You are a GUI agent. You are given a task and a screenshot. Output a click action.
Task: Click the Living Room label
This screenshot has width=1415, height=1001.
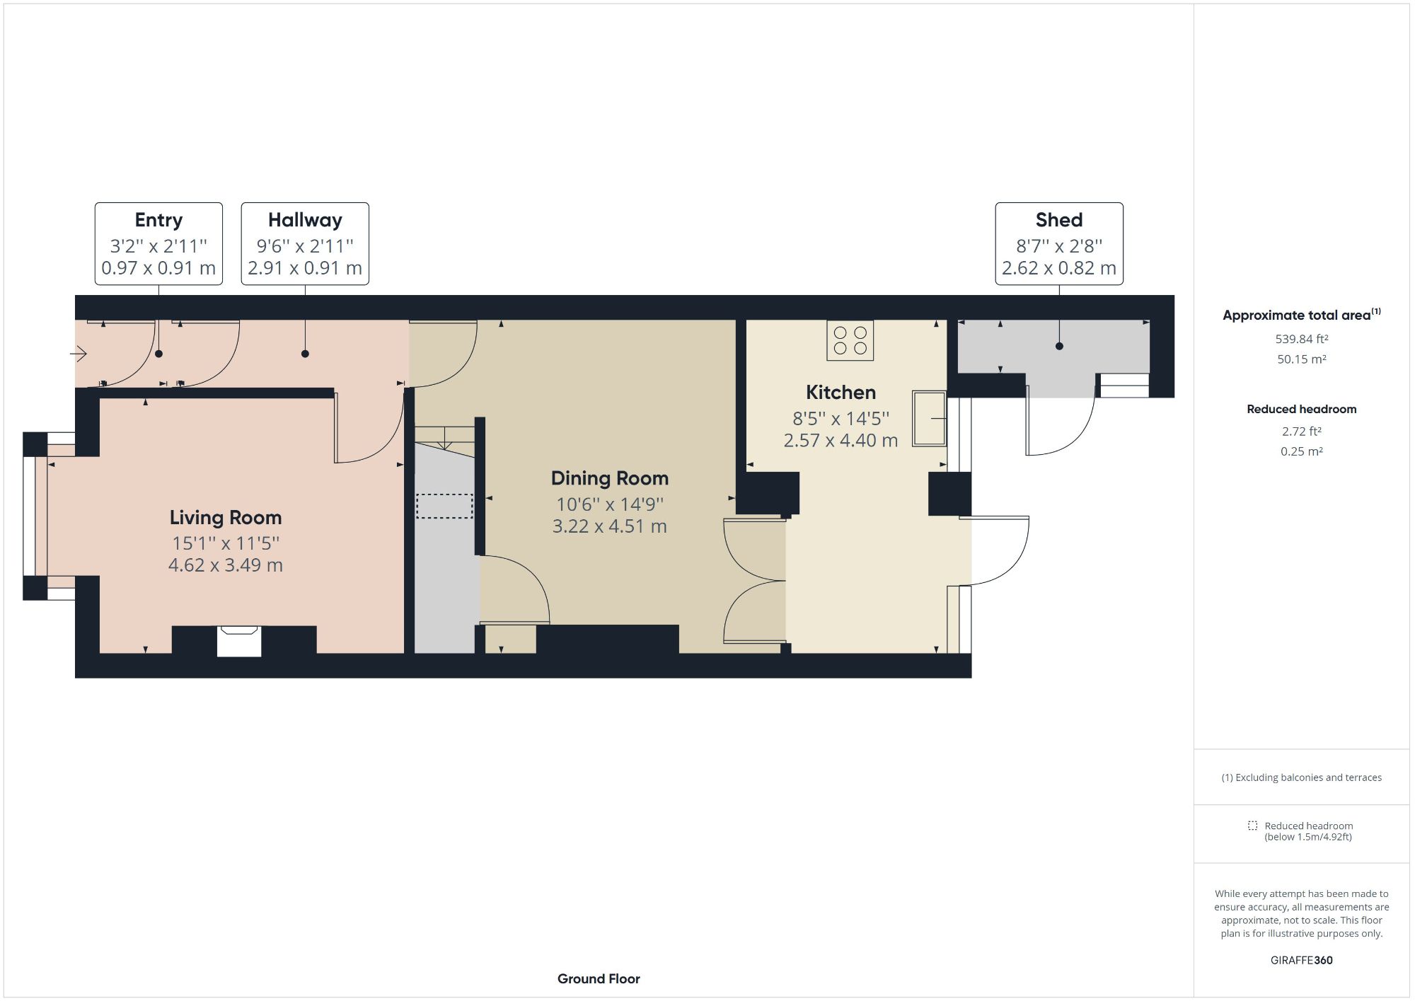pyautogui.click(x=226, y=518)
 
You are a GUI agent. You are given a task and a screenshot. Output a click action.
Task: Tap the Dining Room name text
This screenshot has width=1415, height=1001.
pyautogui.click(x=610, y=479)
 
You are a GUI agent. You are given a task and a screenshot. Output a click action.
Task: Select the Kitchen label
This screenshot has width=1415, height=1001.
pyautogui.click(x=841, y=393)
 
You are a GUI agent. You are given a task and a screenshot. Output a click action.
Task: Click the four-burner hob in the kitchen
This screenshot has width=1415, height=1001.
pyautogui.click(x=850, y=340)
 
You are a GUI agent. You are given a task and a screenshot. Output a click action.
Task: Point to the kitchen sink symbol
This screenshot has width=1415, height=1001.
pyautogui.click(x=929, y=419)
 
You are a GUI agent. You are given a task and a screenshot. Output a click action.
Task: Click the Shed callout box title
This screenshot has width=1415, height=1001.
pyautogui.click(x=1058, y=220)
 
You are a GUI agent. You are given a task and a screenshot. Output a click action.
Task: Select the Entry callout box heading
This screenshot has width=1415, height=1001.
pyautogui.click(x=158, y=220)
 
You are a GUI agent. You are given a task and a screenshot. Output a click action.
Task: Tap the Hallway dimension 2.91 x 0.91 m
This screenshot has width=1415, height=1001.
pyautogui.click(x=305, y=268)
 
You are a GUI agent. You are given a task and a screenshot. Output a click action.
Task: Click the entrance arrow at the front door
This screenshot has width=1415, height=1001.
pyautogui.click(x=79, y=353)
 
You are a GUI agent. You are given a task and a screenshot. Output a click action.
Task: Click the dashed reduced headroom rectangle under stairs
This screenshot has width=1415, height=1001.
pyautogui.click(x=444, y=507)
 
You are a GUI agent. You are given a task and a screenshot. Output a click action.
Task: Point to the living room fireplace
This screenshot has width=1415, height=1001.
pyautogui.click(x=239, y=641)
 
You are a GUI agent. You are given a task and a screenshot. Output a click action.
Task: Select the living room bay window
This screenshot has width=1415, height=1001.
pyautogui.click(x=35, y=516)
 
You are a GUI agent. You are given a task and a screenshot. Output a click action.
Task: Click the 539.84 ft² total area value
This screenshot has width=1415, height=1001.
pyautogui.click(x=1301, y=339)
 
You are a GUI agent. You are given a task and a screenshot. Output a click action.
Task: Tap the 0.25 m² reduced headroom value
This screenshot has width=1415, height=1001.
pyautogui.click(x=1301, y=451)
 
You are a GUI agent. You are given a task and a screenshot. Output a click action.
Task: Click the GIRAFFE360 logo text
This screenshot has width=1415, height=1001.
pyautogui.click(x=1301, y=960)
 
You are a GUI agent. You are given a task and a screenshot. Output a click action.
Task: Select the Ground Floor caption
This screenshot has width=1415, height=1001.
pyautogui.click(x=599, y=979)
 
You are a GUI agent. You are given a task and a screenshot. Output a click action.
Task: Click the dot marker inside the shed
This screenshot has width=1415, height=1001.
pyautogui.click(x=1059, y=346)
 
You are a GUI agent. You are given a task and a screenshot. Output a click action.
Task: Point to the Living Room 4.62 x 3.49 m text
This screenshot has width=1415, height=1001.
pyautogui.click(x=226, y=565)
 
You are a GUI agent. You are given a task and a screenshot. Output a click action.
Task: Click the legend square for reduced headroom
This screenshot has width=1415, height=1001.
pyautogui.click(x=1252, y=826)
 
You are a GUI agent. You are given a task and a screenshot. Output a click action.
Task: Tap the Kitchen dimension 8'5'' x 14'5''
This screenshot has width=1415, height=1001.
pyautogui.click(x=841, y=419)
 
